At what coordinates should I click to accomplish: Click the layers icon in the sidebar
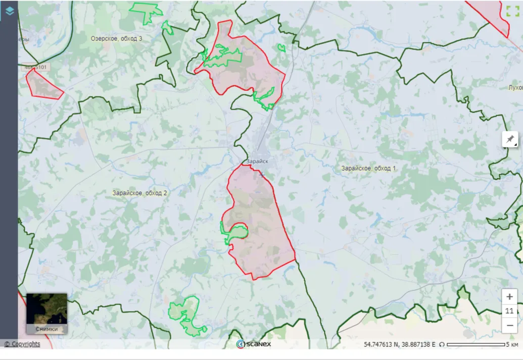pos(9,10)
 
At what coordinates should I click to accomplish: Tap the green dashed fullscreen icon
pos(512,11)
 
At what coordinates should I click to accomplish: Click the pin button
pos(510,139)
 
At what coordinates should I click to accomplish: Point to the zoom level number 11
pos(509,311)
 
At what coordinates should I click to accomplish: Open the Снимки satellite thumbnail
pos(46,313)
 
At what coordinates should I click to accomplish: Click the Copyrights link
pos(22,344)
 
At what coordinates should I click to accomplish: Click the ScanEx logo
pos(254,344)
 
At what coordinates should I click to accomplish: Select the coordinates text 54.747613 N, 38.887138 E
pos(399,344)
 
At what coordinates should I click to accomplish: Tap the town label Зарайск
pos(257,162)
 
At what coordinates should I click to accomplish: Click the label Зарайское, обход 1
pos(368,168)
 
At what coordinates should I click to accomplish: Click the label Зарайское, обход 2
pos(139,193)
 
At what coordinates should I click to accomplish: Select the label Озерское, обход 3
pos(117,38)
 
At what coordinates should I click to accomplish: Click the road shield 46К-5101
pos(35,67)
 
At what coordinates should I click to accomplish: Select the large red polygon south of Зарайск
pos(263,222)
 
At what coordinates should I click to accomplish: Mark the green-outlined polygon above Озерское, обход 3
pos(146,11)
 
